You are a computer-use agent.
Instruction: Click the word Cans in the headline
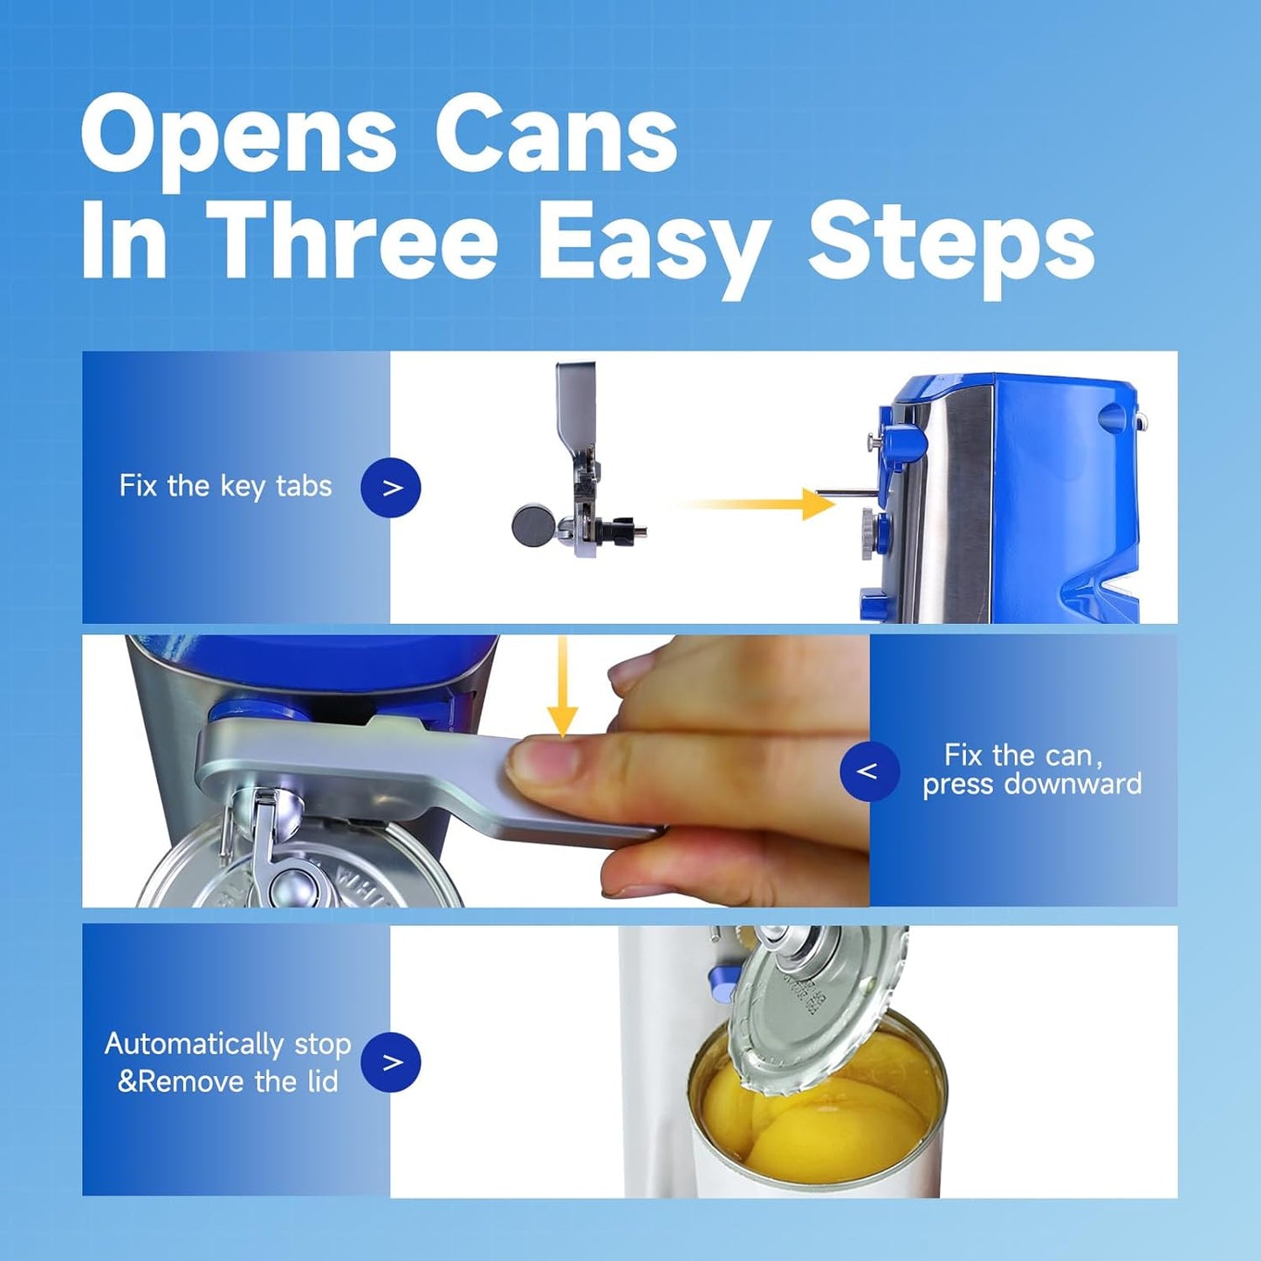556,137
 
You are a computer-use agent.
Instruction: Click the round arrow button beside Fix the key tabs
391,488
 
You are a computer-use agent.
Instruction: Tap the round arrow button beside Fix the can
868,771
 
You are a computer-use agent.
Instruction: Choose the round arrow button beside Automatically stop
391,1062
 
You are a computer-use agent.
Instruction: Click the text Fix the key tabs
225,486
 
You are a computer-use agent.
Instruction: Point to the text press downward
1031,785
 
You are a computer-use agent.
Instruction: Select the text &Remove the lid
228,1082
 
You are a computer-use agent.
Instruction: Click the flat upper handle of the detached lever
576,401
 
